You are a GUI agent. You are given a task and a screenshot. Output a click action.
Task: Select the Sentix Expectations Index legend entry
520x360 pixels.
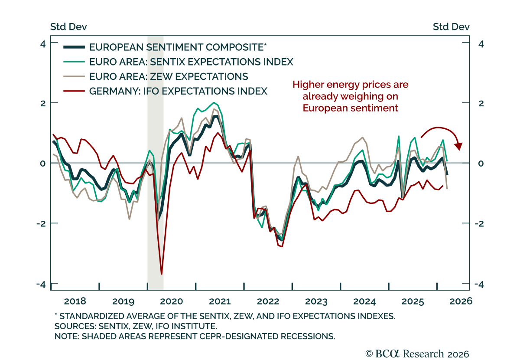pos(191,62)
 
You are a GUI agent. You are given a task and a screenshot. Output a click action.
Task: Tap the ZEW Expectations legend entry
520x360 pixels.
pos(168,76)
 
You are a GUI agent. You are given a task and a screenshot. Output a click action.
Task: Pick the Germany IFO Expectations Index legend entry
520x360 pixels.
pos(178,91)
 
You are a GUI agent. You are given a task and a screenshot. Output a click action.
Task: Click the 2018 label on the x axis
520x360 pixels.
pos(75,301)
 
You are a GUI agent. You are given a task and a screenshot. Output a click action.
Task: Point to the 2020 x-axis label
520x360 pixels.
pos(171,301)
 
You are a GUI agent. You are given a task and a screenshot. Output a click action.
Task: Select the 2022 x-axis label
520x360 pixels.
pos(268,301)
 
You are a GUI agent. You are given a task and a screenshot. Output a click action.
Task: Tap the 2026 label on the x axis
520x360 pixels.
pos(459,301)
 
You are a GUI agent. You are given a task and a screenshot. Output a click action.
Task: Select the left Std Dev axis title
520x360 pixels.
pos(68,27)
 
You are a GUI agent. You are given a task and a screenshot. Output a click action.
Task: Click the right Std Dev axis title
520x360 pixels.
pos(451,27)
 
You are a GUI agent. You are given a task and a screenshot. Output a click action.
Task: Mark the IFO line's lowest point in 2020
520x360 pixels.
pos(162,274)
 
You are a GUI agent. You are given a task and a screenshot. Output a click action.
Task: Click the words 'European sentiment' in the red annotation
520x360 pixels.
pos(350,108)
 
